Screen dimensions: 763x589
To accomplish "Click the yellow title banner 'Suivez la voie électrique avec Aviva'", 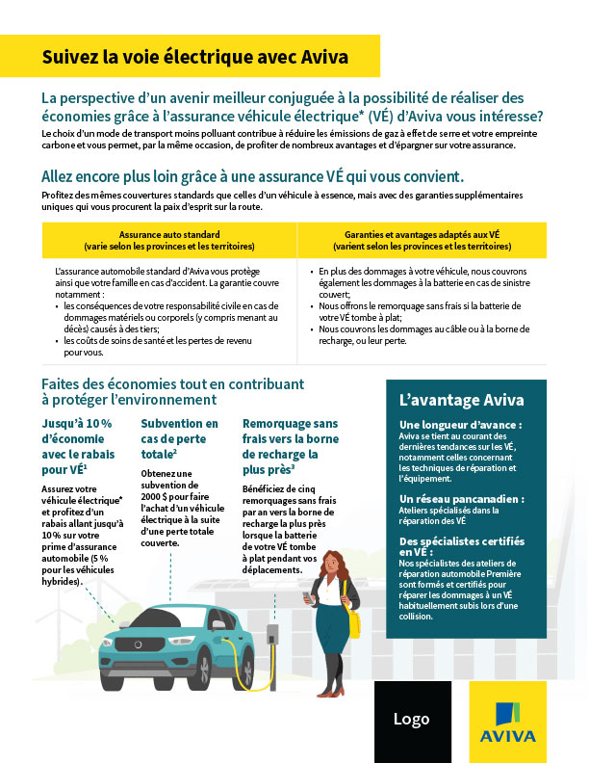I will pyautogui.click(x=194, y=57).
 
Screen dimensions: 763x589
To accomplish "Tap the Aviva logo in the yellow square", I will pyautogui.click(x=510, y=722).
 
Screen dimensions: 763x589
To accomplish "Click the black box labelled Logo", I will pyautogui.click(x=411, y=721).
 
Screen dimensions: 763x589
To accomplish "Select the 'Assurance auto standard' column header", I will pyautogui.click(x=169, y=240).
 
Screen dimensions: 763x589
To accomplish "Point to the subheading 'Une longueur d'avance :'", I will pyautogui.click(x=461, y=424).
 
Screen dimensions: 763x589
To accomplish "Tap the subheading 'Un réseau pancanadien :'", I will pyautogui.click(x=462, y=499).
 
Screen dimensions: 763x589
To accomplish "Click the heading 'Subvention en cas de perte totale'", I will pyautogui.click(x=180, y=437).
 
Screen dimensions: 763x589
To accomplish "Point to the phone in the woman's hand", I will pyautogui.click(x=308, y=597).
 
